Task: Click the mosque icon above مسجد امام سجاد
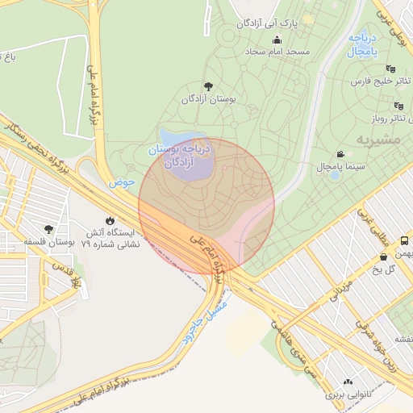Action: [278, 40]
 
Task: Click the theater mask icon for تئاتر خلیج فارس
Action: [391, 69]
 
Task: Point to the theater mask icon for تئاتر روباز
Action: [398, 106]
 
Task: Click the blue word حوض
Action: [122, 182]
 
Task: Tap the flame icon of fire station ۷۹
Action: [110, 219]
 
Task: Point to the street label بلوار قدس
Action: [66, 274]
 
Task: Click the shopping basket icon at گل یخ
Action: [382, 257]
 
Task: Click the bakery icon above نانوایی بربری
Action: [348, 383]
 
